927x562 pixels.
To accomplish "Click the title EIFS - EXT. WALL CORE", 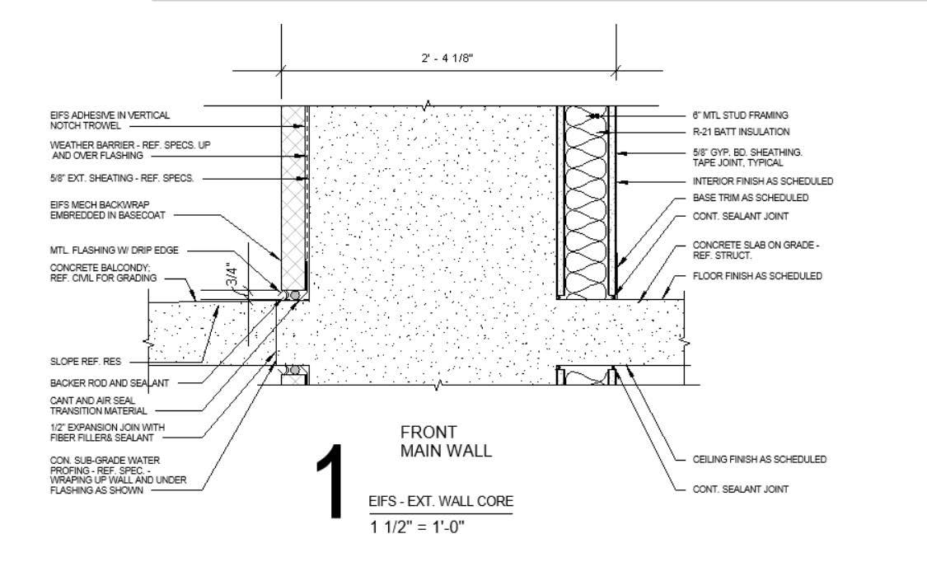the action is pos(440,501).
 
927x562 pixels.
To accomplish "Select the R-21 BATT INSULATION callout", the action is pos(742,132).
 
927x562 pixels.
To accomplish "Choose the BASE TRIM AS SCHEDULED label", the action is pos(750,198).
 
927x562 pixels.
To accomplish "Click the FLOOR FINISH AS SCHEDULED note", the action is pos(757,276).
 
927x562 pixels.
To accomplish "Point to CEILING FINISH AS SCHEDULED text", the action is pos(759,459).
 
